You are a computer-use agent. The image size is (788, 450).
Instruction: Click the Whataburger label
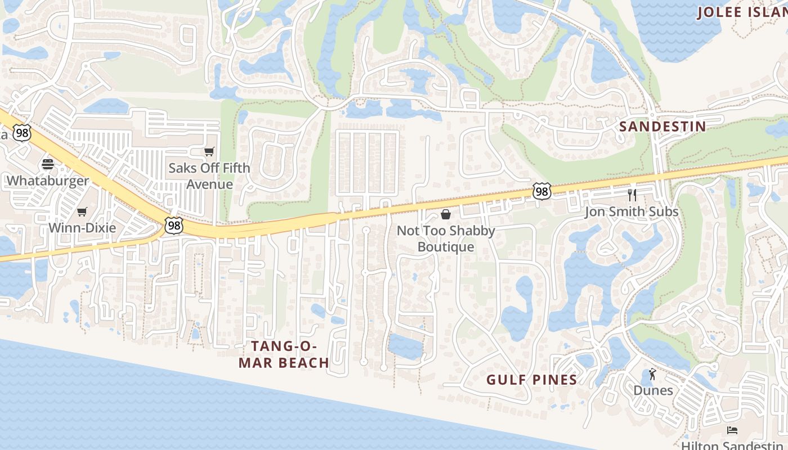(48, 181)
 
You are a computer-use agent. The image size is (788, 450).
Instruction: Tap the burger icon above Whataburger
(48, 164)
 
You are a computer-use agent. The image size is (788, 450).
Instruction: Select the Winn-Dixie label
(82, 228)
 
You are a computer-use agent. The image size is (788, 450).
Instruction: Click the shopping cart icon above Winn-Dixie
(82, 211)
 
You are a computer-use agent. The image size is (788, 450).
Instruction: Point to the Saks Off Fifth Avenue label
(209, 175)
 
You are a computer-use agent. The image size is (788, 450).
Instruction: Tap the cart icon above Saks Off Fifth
(209, 151)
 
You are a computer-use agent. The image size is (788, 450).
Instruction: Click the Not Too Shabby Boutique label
(446, 238)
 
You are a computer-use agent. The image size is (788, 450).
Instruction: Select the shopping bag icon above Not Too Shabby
(446, 214)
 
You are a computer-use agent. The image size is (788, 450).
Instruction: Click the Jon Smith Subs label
(632, 211)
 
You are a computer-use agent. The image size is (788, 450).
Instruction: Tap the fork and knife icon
(632, 195)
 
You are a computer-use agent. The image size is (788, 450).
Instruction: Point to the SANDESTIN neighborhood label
(662, 127)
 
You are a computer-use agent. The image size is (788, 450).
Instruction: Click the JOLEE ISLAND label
(742, 12)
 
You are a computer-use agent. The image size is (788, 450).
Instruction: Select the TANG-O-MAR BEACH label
(284, 354)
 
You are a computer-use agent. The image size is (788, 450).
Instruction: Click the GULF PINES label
(532, 380)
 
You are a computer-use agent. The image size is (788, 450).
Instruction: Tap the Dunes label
(653, 390)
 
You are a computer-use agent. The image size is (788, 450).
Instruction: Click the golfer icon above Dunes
(653, 374)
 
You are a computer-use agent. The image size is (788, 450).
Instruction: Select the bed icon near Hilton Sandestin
(732, 430)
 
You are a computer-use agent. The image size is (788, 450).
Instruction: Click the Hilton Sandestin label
(732, 445)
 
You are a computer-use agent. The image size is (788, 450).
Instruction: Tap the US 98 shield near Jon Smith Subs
(541, 191)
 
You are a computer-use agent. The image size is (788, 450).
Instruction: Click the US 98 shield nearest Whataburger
(21, 133)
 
